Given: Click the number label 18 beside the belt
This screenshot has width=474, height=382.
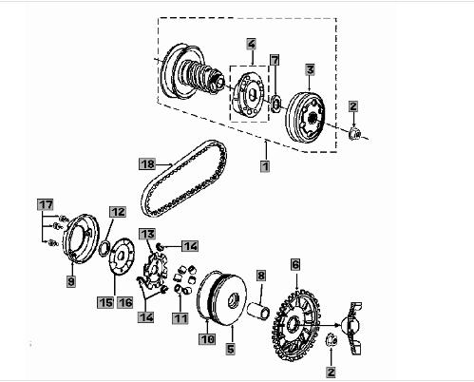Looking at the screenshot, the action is [x=147, y=164].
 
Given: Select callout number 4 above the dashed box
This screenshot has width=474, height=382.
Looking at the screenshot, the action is [x=252, y=44].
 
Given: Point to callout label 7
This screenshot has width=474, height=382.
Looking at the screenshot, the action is [x=275, y=60].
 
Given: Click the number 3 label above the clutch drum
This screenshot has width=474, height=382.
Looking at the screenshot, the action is [x=310, y=69].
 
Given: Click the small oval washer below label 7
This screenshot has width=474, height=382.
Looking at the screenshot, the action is [x=276, y=104].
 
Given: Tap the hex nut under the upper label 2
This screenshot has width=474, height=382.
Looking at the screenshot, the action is [x=354, y=133].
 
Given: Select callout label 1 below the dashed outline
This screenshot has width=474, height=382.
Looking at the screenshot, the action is [x=265, y=166].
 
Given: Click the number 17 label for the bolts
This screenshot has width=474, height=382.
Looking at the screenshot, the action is [x=46, y=204].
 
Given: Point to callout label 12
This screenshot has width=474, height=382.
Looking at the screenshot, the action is [x=118, y=212].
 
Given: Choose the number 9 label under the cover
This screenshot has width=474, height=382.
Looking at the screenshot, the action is [x=71, y=281].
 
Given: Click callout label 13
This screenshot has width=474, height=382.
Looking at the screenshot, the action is [x=147, y=234].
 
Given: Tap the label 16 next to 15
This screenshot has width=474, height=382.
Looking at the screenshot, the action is [x=125, y=302].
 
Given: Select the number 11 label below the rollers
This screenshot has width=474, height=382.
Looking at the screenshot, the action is [x=180, y=318].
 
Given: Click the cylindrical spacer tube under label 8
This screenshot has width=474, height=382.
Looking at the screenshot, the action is [x=258, y=310].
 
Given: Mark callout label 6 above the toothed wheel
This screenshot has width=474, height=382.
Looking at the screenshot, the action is [x=295, y=264].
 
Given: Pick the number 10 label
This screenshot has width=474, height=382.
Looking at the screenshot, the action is [x=207, y=339].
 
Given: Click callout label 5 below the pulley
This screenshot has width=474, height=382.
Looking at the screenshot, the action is [x=231, y=349].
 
